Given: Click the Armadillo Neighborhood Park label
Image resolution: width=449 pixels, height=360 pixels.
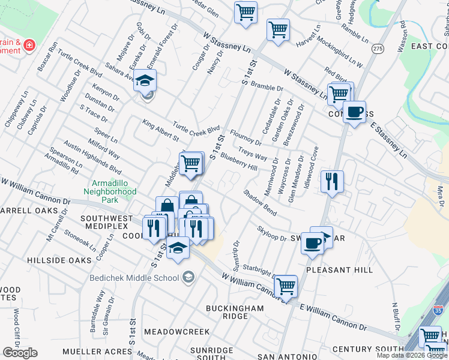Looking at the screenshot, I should pos(115,190).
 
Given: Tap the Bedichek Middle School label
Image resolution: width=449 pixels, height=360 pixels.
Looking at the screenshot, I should pos(134,277).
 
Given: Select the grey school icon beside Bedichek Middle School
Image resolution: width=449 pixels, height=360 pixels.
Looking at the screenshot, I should pos(188,276).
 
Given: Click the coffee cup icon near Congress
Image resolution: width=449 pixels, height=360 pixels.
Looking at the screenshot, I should pos(355,112).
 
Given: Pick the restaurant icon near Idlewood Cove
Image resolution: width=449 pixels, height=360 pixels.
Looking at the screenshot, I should pos(332,181).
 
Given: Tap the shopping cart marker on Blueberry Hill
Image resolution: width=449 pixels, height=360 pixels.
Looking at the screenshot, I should pos(191,162).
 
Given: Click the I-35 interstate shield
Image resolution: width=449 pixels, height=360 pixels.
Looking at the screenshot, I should pos(439,310).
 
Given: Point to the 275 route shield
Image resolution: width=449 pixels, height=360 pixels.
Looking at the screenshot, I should pos(378,48).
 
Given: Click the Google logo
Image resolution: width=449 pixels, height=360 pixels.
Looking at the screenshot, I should pos(20,352).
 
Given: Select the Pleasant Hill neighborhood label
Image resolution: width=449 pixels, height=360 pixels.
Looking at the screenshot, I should pos(336,271).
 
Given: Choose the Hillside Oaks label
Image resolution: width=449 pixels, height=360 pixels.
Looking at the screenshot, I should pos(60,260).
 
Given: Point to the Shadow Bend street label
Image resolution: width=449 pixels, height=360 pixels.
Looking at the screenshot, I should pos(260,203).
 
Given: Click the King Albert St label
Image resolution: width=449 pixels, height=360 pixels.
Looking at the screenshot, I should pos(161,130).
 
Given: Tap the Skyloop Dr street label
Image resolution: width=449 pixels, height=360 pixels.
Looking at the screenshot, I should pos(272,233).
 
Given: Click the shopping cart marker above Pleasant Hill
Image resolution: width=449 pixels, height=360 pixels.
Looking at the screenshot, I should pos(286,287).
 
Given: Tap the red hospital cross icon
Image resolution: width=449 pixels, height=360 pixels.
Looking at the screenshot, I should pos(29,45).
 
